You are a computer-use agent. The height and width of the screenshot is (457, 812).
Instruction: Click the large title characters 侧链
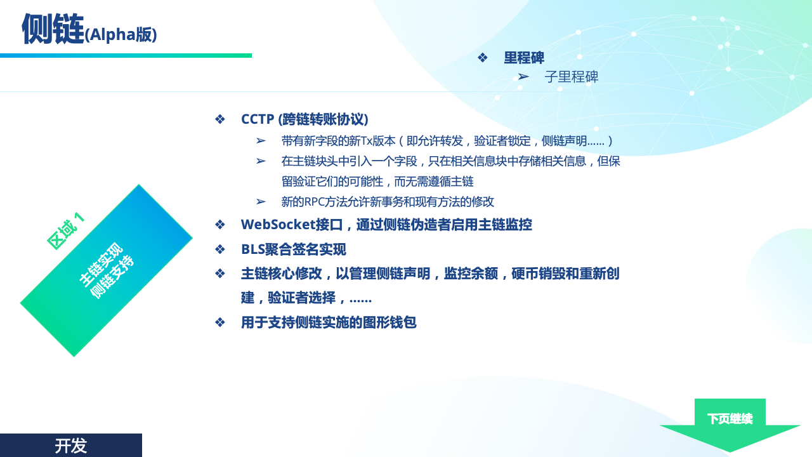pyautogui.click(x=53, y=29)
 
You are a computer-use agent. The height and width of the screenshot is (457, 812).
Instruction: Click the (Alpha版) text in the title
pyautogui.click(x=121, y=35)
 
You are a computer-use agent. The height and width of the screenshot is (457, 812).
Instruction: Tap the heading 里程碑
pyautogui.click(x=524, y=58)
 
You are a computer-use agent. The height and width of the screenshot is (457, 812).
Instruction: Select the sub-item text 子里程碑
pyautogui.click(x=572, y=77)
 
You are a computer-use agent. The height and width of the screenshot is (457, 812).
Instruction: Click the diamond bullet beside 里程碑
pyautogui.click(x=483, y=58)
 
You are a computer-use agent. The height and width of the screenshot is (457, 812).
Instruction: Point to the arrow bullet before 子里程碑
pyautogui.click(x=523, y=77)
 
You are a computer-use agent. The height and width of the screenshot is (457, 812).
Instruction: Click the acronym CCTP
pyautogui.click(x=258, y=119)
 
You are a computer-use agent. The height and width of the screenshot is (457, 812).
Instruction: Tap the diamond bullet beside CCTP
pyautogui.click(x=220, y=119)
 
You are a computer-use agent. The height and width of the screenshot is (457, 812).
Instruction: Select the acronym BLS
pyautogui.click(x=253, y=249)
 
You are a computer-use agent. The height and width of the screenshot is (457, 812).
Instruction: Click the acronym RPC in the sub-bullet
pyautogui.click(x=314, y=202)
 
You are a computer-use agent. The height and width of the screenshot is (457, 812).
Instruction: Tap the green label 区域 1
pyautogui.click(x=66, y=231)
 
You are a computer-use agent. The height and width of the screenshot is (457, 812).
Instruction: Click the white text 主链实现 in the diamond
pyautogui.click(x=101, y=265)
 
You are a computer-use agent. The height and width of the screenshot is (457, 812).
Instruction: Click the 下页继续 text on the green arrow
pyautogui.click(x=730, y=419)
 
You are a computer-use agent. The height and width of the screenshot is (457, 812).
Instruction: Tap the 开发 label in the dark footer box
pyautogui.click(x=70, y=446)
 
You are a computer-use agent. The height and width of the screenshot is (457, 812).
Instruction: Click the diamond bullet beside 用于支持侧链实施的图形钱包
pyautogui.click(x=220, y=322)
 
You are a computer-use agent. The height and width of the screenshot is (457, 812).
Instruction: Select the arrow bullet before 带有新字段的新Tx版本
pyautogui.click(x=261, y=141)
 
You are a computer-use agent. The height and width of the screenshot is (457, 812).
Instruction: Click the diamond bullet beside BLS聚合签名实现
pyautogui.click(x=220, y=249)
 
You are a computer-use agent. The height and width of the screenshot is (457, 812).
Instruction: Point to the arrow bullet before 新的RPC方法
pyautogui.click(x=261, y=202)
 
